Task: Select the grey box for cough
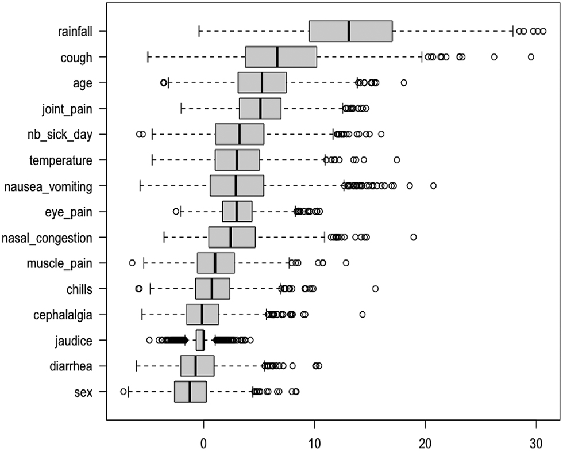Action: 281,57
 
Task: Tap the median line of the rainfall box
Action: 349,31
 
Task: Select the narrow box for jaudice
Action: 200,340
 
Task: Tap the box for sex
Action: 190,392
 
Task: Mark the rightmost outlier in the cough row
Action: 531,56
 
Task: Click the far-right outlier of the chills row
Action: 375,288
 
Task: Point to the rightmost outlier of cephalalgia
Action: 363,314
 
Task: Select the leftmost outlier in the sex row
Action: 124,391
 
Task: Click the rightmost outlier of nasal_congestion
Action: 413,237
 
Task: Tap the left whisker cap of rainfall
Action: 199,31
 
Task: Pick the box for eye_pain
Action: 237,212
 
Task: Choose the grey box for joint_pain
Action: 260,108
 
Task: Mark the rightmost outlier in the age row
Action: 404,83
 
